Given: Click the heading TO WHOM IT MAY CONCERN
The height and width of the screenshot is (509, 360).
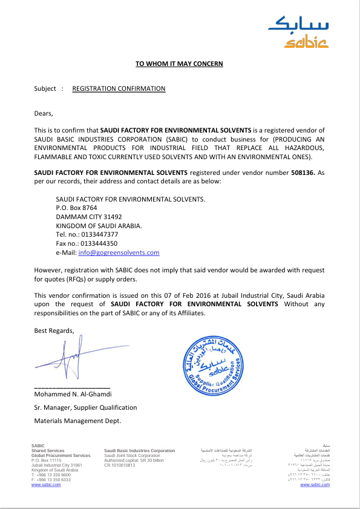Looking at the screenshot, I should tap(179, 64).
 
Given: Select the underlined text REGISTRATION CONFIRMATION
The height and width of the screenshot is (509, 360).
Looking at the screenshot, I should tap(119, 88).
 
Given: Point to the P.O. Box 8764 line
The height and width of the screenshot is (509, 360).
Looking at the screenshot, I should tap(76, 208).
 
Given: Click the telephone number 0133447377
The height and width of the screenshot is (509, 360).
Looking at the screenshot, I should tap(96, 234).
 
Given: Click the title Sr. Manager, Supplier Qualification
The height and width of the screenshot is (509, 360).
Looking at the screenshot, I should tap(85, 407).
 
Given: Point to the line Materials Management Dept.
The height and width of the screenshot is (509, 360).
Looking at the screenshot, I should tap(77, 420).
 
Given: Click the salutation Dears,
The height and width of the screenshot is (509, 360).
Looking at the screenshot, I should tap(44, 113).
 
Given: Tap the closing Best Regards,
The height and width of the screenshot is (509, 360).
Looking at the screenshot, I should tap(54, 330).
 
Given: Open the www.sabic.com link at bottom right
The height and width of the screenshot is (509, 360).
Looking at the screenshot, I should tap(315, 485).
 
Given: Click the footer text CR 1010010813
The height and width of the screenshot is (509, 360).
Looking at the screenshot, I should tap(120, 465).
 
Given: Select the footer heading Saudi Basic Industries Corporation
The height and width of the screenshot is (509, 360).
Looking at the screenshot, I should tap(139, 451).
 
